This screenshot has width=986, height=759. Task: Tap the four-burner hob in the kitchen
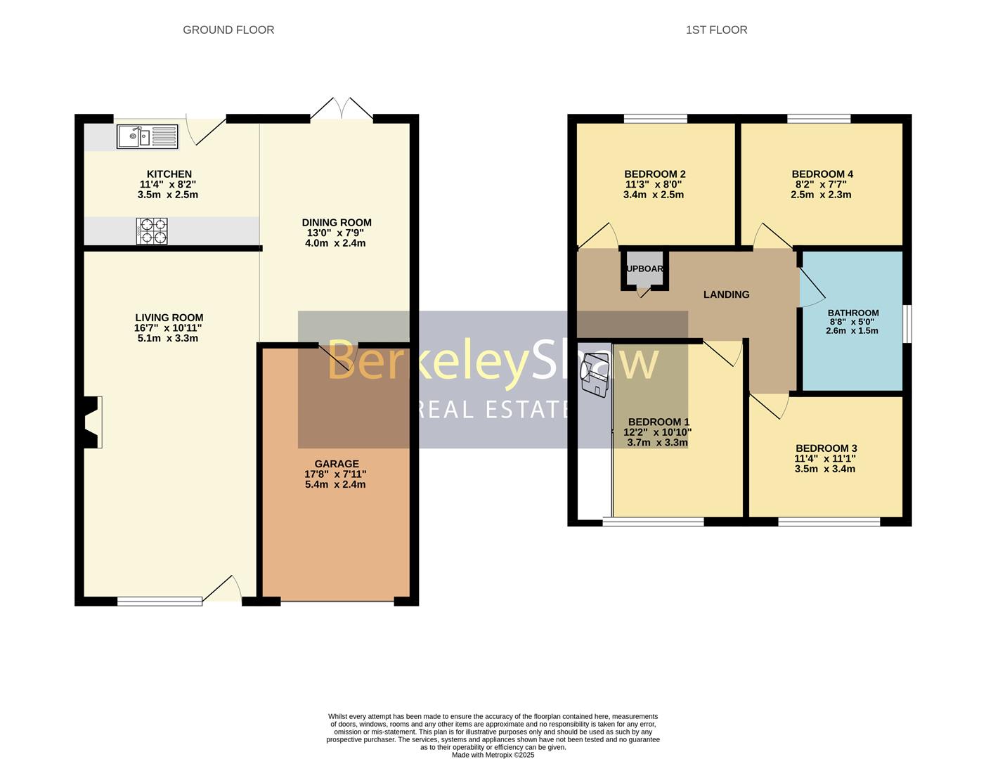[152, 231]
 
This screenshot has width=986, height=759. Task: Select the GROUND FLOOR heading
[228, 30]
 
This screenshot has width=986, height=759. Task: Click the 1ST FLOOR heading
[716, 30]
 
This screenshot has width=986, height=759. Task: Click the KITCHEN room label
[169, 174]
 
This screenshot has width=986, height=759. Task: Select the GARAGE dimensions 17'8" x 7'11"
[336, 474]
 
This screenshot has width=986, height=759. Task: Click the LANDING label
[726, 294]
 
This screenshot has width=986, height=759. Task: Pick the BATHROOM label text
[852, 313]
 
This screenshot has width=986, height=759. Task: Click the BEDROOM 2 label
[654, 174]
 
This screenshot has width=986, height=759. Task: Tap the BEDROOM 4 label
[822, 174]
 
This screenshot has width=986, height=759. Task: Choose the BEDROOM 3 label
[826, 448]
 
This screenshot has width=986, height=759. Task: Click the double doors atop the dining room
[342, 110]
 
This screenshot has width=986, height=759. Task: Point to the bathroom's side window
[907, 324]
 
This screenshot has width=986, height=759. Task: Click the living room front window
[160, 601]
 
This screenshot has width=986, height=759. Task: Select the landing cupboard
[644, 270]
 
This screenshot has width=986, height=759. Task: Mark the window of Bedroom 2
[655, 119]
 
